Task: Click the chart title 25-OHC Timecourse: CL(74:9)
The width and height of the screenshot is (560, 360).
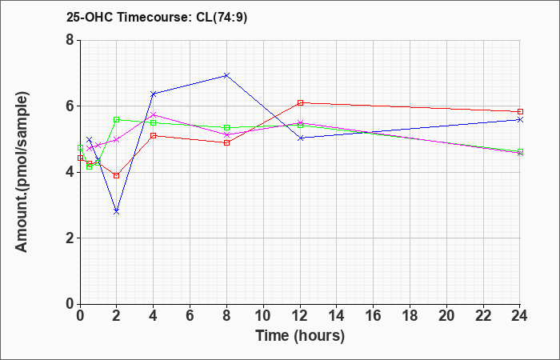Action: [x=157, y=18]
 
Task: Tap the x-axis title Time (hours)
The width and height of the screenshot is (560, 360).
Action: [x=300, y=336]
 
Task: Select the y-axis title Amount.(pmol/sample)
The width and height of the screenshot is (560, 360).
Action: [x=22, y=172]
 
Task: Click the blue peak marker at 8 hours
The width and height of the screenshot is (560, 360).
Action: [x=226, y=76]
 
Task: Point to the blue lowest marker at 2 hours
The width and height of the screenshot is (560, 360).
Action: [x=116, y=212]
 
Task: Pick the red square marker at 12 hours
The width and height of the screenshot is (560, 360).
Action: [x=300, y=103]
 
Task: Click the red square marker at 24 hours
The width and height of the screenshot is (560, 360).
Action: [x=520, y=112]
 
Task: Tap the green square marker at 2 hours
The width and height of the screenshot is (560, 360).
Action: [x=116, y=120]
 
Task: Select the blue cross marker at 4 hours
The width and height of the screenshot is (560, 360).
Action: [x=154, y=94]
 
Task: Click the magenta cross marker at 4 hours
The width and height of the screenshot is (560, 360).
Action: [x=154, y=115]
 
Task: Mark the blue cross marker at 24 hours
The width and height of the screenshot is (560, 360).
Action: [x=520, y=120]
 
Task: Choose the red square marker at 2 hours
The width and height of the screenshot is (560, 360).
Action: [x=116, y=175]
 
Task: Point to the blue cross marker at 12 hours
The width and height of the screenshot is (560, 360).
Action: [x=300, y=138]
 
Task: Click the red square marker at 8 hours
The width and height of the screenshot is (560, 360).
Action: [x=226, y=143]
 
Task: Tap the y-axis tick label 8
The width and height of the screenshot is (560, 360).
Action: [x=70, y=40]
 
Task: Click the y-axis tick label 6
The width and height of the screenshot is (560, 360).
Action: [x=70, y=106]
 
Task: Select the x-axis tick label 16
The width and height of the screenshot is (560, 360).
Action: [x=374, y=316]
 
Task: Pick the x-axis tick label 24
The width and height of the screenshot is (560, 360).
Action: [x=519, y=316]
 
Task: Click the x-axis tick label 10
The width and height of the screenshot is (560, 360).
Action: [x=263, y=316]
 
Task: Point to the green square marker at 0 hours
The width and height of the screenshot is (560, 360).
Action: [x=80, y=147]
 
